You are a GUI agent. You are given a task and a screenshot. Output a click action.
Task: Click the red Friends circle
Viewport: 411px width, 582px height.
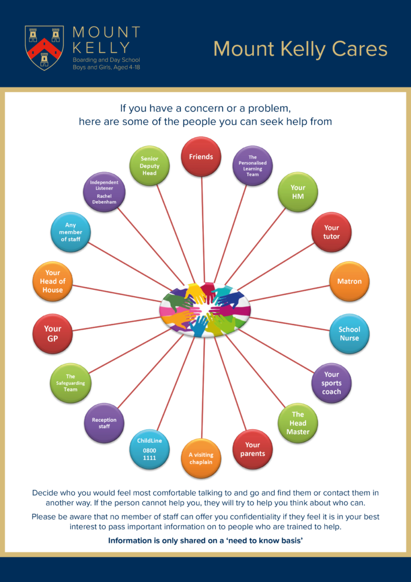201,157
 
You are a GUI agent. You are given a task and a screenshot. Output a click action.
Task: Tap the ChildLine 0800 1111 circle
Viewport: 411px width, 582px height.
149,449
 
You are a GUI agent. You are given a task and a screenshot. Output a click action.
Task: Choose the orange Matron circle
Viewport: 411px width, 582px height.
350,281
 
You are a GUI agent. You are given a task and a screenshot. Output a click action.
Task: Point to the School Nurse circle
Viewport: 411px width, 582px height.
350,334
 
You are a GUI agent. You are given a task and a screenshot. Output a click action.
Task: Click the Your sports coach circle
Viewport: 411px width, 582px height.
332,383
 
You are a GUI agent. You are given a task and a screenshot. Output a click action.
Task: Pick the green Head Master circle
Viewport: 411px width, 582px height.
298,423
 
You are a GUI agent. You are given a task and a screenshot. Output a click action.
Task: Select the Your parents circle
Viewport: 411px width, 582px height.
253,450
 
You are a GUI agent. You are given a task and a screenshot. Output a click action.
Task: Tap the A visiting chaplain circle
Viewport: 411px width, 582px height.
201,459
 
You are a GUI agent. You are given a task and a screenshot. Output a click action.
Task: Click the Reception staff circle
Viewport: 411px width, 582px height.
104,423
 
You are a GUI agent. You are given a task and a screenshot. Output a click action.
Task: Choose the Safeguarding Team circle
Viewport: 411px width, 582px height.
70,383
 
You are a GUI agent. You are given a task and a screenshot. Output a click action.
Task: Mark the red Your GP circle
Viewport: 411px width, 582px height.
53,334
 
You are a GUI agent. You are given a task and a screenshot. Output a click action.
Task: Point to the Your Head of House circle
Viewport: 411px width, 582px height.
53,281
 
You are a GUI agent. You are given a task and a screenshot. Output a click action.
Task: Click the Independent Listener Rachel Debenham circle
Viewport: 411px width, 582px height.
104,192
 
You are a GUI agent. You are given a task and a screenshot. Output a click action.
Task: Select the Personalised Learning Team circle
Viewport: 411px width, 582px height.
253,165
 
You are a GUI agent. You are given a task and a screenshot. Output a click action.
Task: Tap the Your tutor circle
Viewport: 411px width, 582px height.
332,232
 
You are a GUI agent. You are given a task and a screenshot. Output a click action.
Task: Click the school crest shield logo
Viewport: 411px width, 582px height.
44,48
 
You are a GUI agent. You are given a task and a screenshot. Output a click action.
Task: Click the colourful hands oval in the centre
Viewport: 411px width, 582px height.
205,309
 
